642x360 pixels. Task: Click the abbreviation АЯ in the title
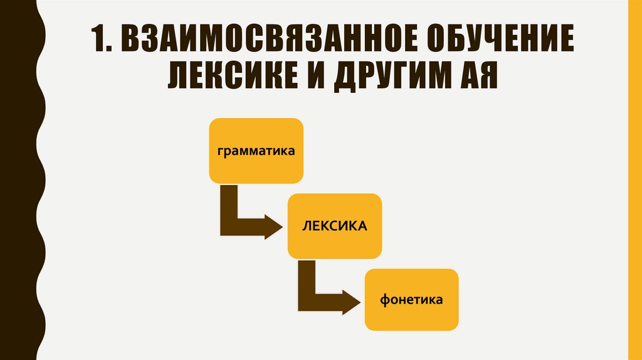click(471, 78)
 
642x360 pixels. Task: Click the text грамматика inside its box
click(256, 151)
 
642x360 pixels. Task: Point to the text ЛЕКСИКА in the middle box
click(335, 226)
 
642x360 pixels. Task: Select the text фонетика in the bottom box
click(411, 300)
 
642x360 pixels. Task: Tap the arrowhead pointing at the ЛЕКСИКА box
click(275, 226)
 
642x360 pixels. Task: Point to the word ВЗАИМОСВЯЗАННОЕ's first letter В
click(129, 42)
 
